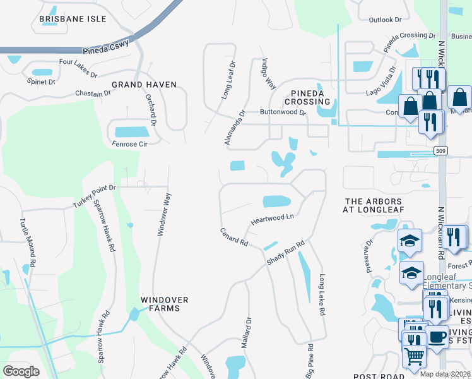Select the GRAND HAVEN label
click(x=144, y=84)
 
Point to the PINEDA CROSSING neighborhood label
click(x=307, y=97)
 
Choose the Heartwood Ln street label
click(x=273, y=219)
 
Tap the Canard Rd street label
click(x=233, y=237)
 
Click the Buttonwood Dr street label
click(x=283, y=112)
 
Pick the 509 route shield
click(x=442, y=150)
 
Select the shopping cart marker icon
click(x=414, y=356)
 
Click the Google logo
click(x=21, y=371)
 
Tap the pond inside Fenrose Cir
click(x=132, y=131)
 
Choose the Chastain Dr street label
click(x=93, y=93)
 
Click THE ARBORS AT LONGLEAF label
click(x=374, y=205)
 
